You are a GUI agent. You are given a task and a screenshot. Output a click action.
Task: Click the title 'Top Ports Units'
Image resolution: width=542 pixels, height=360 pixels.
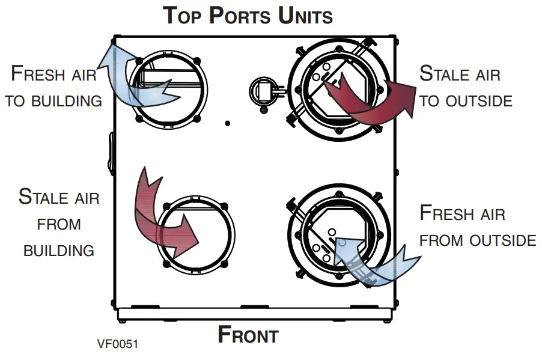[x=248, y=16]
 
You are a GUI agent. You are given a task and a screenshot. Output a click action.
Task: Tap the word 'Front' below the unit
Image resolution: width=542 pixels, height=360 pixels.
[x=248, y=335]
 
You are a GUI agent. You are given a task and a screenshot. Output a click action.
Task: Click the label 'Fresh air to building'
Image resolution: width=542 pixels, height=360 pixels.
[x=54, y=87]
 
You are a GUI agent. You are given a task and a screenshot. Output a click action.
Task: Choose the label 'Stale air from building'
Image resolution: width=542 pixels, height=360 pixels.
[x=59, y=224]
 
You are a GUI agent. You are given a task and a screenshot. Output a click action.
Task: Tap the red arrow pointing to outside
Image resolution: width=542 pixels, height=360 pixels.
[x=373, y=99]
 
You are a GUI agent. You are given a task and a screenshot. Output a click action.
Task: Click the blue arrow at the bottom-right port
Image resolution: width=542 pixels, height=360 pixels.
[x=373, y=258]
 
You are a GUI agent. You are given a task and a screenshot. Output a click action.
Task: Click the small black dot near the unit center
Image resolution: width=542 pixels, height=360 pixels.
[x=227, y=123]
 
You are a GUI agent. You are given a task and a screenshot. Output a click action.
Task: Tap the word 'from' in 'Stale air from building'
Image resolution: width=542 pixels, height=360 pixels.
[x=59, y=224]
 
